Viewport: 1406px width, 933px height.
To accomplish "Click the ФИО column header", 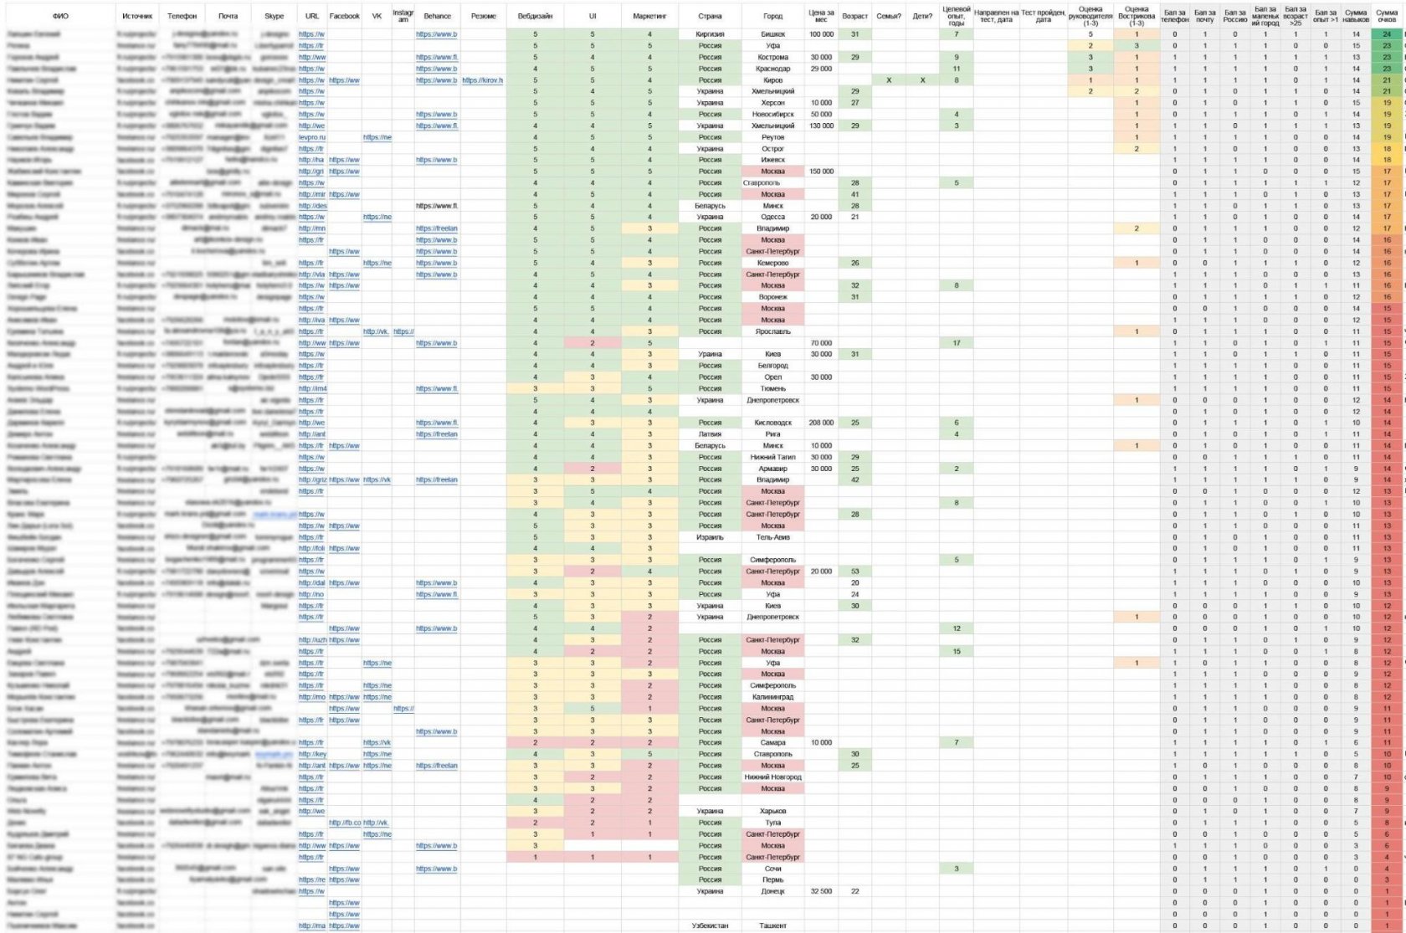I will (x=60, y=16).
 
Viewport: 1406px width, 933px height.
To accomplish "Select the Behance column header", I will (x=437, y=16).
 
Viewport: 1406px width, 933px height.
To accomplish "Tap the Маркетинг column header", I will (x=649, y=16).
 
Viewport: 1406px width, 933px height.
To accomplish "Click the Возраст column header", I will (x=854, y=16).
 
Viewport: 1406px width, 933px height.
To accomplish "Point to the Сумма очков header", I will (x=1387, y=16).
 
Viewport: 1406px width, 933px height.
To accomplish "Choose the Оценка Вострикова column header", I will (x=1136, y=16).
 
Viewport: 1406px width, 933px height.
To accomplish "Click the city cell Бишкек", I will (x=772, y=34).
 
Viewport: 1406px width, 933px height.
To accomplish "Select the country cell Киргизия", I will (x=710, y=34).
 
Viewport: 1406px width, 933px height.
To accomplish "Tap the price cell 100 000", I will (x=821, y=34).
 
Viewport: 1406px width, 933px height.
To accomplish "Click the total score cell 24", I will (x=1387, y=34).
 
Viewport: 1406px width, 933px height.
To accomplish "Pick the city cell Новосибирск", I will (x=772, y=115).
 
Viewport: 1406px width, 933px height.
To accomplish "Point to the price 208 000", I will (x=821, y=423).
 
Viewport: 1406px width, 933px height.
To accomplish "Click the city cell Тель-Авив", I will (x=772, y=537).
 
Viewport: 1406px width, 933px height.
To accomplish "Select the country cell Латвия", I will (x=710, y=434).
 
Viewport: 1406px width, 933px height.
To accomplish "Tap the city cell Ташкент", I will (x=772, y=925).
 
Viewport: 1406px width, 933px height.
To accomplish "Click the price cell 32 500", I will (x=821, y=891).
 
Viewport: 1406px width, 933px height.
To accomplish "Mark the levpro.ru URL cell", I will (x=312, y=137).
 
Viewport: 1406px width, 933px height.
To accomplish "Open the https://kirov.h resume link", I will (x=482, y=80).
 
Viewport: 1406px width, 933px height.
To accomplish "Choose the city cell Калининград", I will (x=772, y=697).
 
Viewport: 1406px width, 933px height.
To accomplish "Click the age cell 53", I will (x=854, y=572).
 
